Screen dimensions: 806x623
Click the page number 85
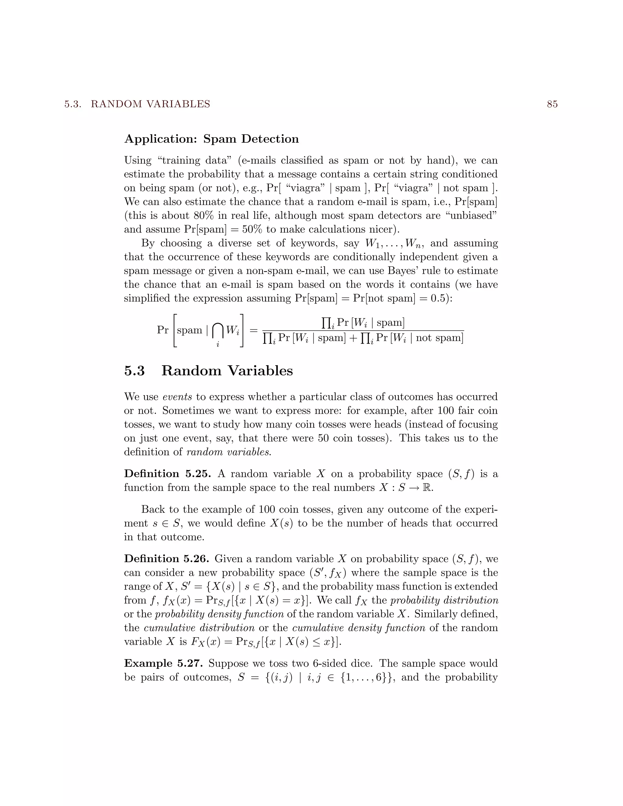click(552, 104)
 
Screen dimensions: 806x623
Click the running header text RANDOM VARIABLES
click(150, 104)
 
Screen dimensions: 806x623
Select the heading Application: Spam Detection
click(211, 139)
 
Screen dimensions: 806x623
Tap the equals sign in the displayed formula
click(253, 330)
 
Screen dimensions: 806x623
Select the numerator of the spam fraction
click(363, 323)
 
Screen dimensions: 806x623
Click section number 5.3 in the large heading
click(134, 371)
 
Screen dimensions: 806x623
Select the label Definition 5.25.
click(167, 474)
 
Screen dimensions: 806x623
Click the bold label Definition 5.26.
click(166, 559)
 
